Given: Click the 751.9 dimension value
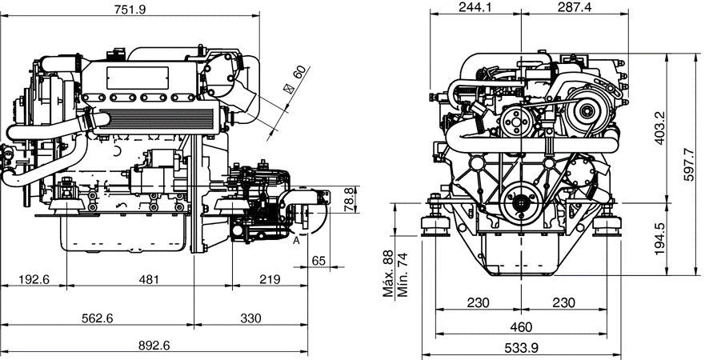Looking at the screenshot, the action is click(x=130, y=9).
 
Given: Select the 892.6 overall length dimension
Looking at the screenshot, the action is click(x=154, y=346).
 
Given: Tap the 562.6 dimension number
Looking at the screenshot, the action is click(x=98, y=318).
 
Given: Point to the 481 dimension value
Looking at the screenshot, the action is click(x=150, y=279).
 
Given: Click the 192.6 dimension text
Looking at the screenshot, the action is click(x=34, y=279).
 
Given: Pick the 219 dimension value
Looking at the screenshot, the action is click(x=270, y=279).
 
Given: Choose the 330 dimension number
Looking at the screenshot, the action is click(x=250, y=318).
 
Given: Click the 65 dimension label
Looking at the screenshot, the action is click(x=318, y=261).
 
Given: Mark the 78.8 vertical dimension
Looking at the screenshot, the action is click(x=350, y=199).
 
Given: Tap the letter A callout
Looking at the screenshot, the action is click(x=296, y=240).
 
